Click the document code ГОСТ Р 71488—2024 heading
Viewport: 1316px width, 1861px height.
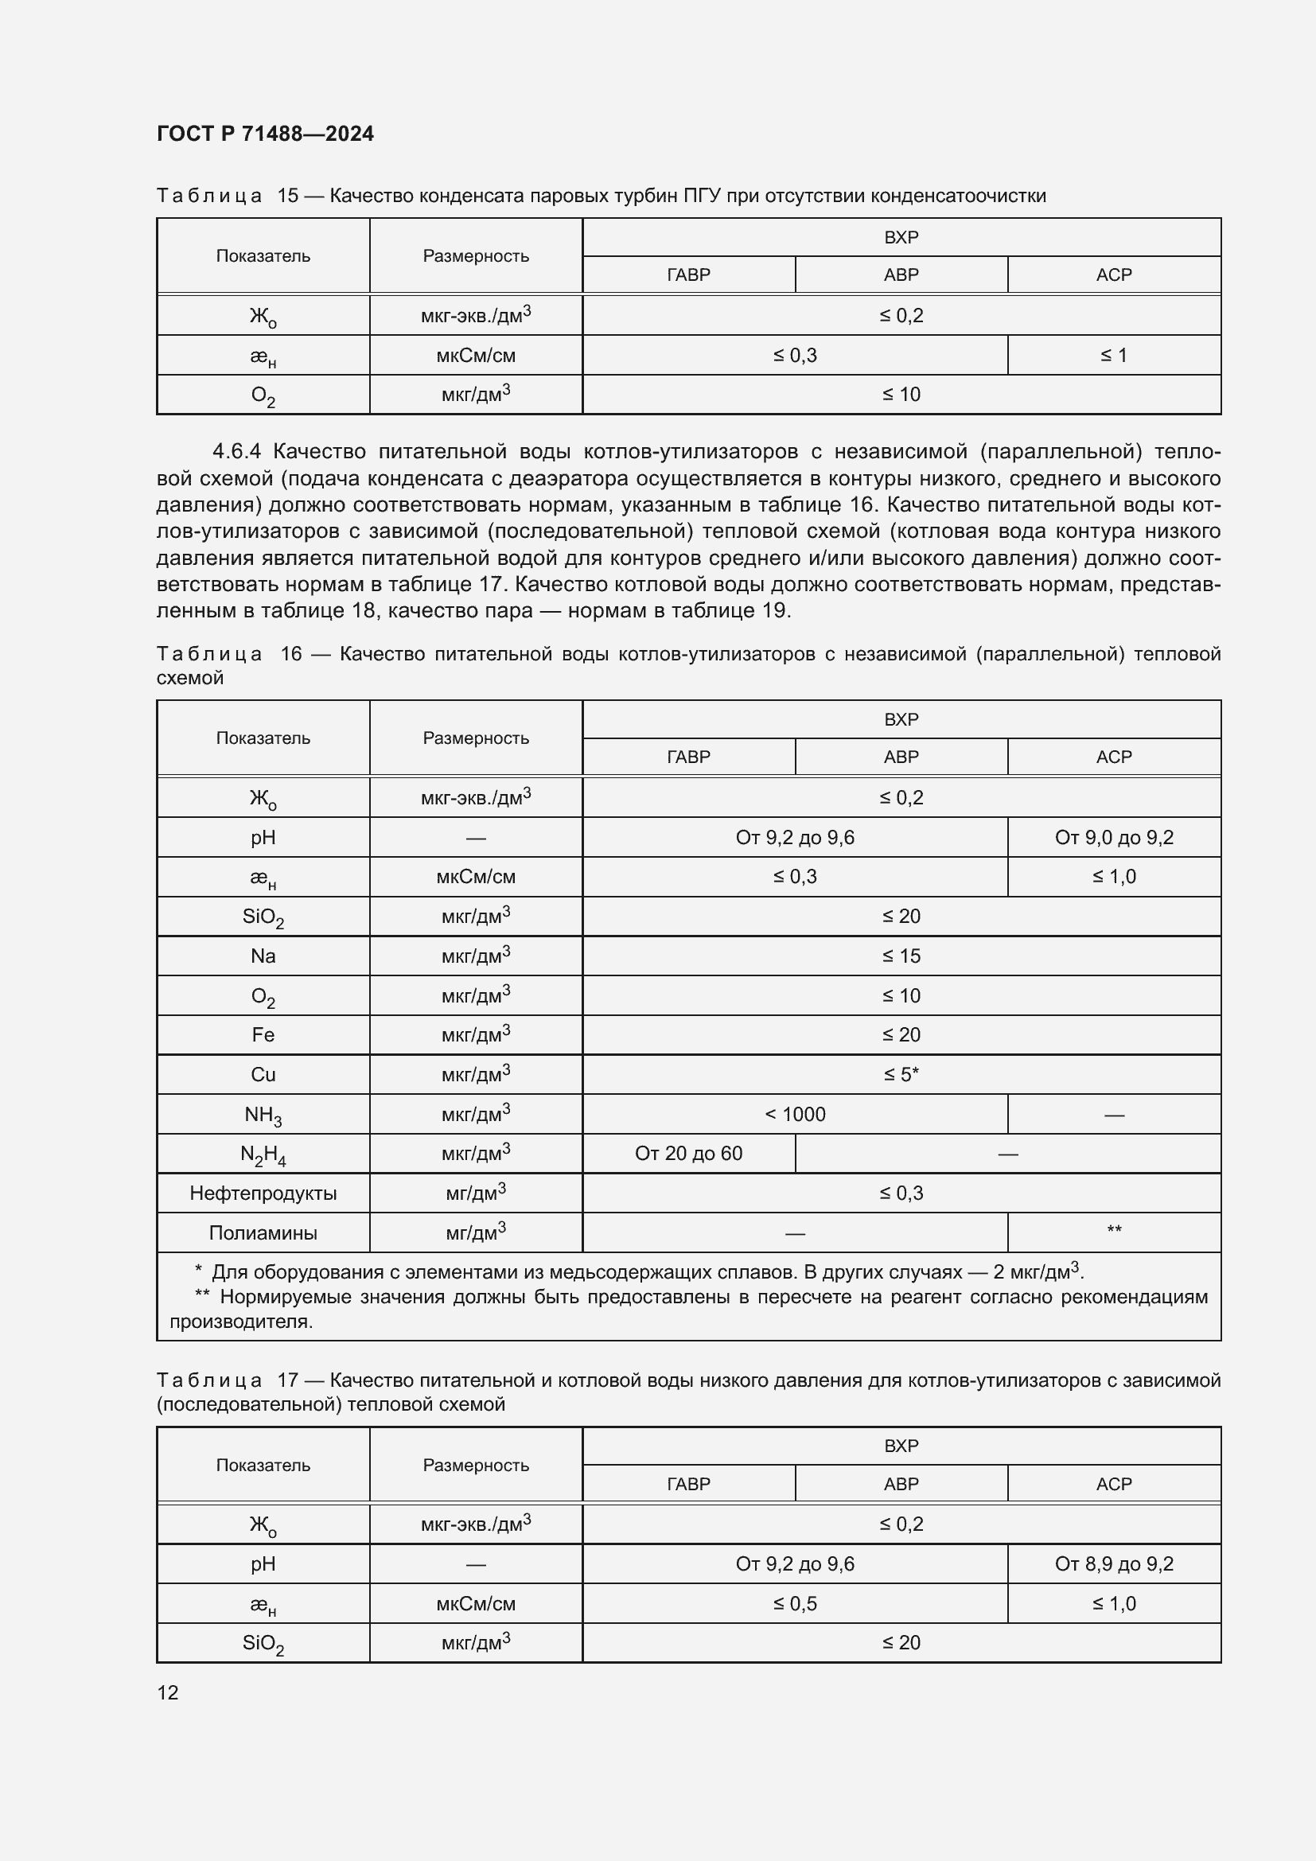(265, 134)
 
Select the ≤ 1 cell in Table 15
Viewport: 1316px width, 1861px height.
(1113, 355)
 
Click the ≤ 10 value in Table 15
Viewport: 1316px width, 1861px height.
(901, 395)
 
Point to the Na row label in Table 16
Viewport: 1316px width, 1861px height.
(263, 956)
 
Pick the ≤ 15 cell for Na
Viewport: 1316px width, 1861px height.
(901, 956)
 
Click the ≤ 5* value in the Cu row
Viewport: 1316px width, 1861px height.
(901, 1075)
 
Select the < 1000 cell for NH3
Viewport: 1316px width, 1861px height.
(795, 1115)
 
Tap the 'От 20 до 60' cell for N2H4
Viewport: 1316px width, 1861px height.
(688, 1154)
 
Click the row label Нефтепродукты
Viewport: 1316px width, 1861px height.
(263, 1193)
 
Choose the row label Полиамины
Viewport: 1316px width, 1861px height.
(263, 1232)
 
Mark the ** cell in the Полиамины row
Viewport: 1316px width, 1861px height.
(1113, 1230)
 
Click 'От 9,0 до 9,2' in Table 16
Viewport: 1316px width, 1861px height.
(1113, 837)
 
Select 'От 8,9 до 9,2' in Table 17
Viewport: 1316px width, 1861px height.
(1113, 1563)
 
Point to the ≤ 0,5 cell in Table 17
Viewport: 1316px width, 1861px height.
(795, 1603)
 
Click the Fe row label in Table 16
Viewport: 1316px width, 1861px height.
(263, 1035)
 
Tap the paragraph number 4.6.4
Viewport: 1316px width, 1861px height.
(236, 451)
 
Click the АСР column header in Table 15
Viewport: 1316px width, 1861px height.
(1113, 274)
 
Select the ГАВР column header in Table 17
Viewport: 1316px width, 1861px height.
(688, 1484)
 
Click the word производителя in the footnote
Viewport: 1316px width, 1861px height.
(240, 1322)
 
